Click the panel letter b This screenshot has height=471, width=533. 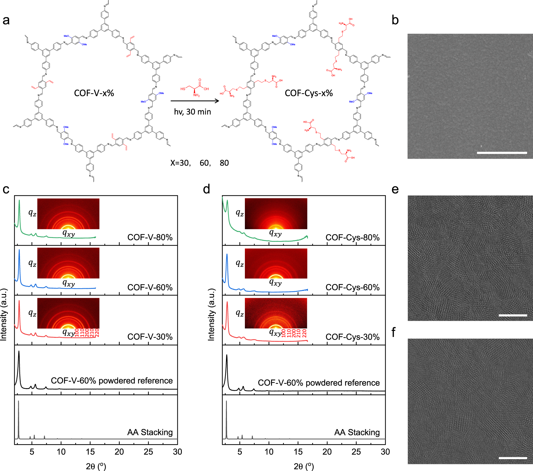(395, 20)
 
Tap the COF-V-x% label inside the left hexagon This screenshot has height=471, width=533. (94, 93)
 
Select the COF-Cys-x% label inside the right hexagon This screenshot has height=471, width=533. (309, 93)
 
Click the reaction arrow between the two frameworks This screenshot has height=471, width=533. (195, 101)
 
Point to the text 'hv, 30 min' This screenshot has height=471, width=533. (192, 112)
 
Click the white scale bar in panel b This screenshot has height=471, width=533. (502, 153)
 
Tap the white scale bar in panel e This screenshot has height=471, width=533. (513, 315)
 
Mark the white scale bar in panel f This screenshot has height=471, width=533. (513, 458)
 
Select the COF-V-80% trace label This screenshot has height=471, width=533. (150, 237)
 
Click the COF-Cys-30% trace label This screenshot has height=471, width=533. (352, 337)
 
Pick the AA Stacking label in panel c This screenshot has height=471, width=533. (150, 432)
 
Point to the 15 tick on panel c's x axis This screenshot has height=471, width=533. (90, 452)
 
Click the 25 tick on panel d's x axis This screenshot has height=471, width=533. (356, 452)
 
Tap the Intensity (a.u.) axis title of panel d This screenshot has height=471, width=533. (211, 314)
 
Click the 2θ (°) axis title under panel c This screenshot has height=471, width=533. (96, 466)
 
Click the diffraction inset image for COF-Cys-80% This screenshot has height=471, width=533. (276, 214)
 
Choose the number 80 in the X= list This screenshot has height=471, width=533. (224, 163)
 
